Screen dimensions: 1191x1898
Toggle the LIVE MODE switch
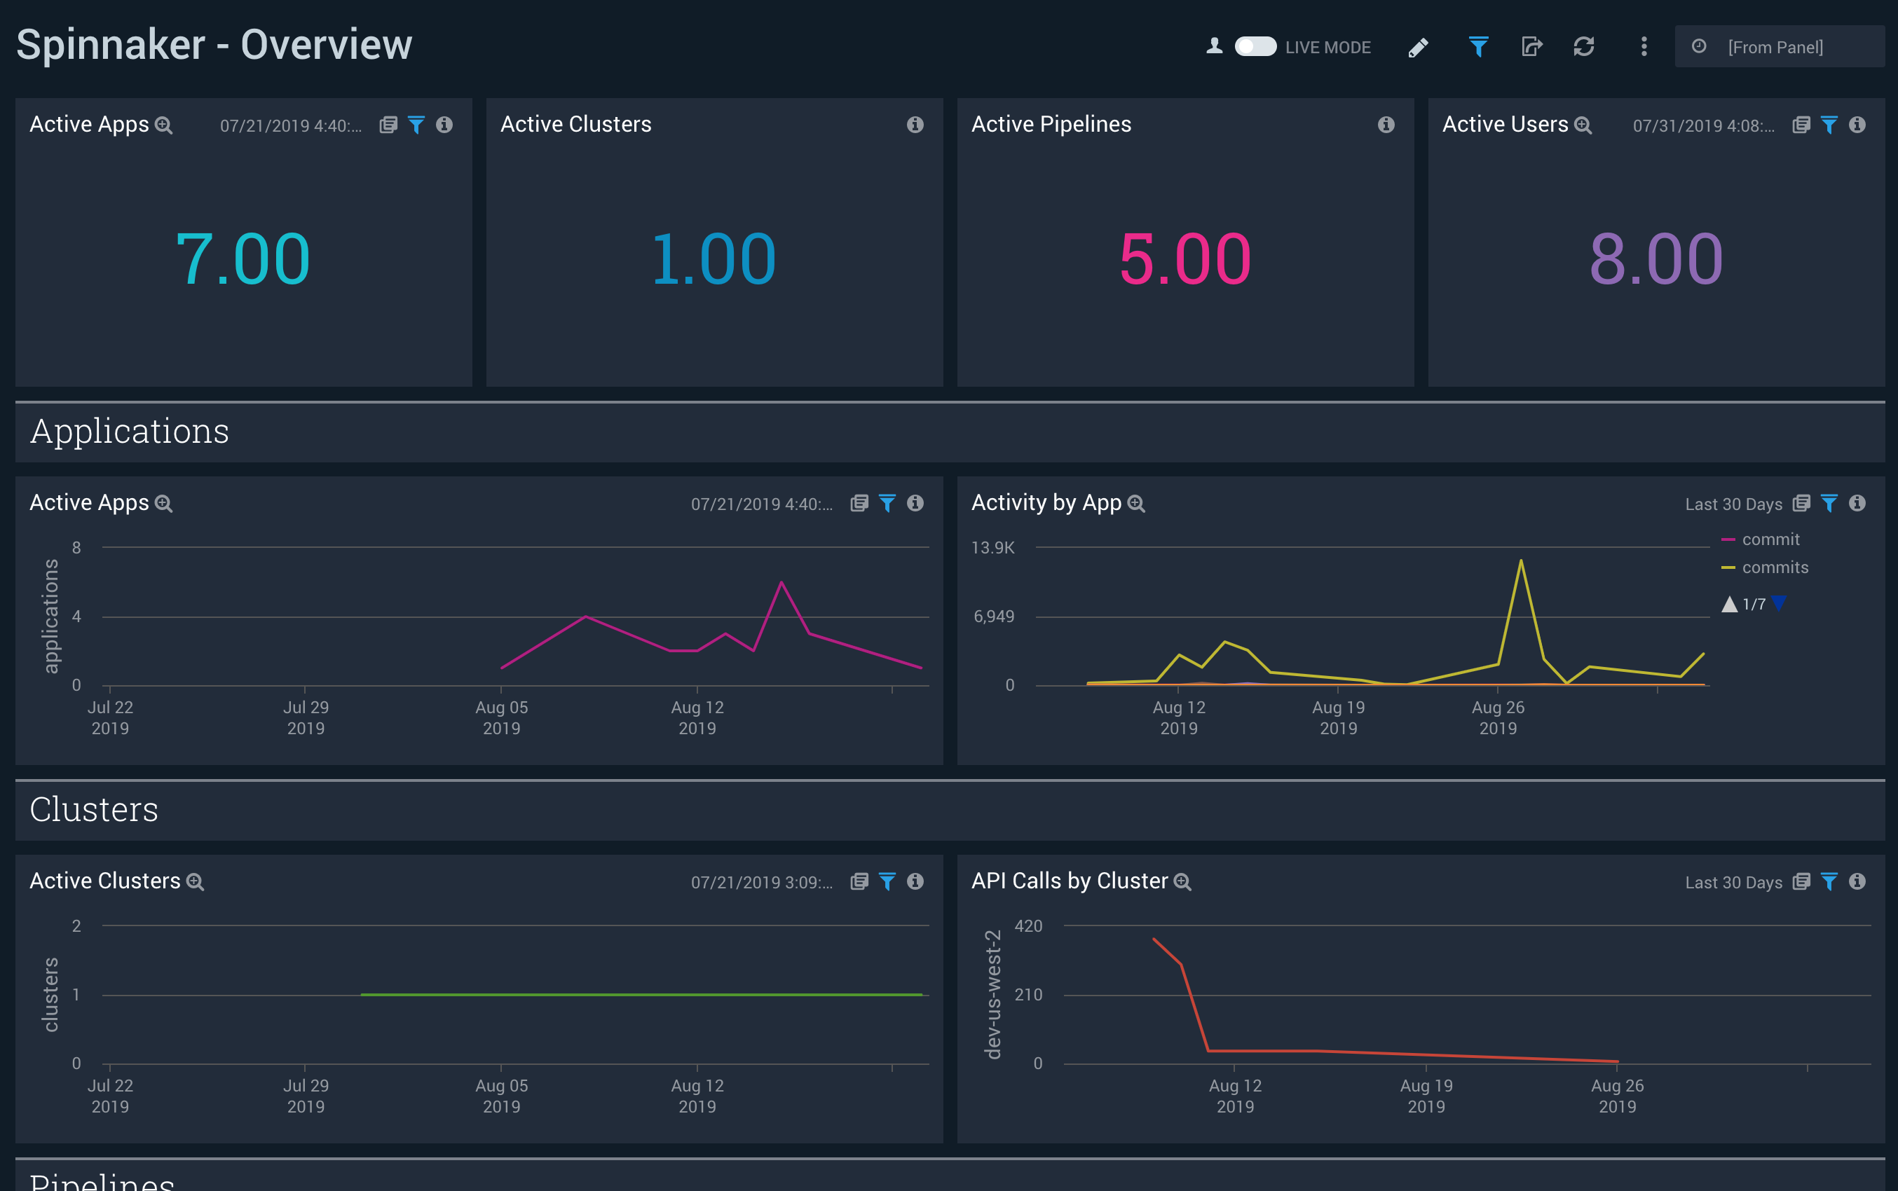pyautogui.click(x=1255, y=46)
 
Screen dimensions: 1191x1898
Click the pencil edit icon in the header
pyautogui.click(x=1417, y=47)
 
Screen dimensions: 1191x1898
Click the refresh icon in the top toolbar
pyautogui.click(x=1583, y=46)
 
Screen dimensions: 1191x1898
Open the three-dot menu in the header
pyautogui.click(x=1644, y=46)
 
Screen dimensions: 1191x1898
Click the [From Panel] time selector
pyautogui.click(x=1775, y=47)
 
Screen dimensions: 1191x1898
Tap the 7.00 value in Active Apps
pyautogui.click(x=243, y=259)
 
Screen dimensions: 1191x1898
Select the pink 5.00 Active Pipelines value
pyautogui.click(x=1184, y=259)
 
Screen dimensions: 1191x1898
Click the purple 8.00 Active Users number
pyautogui.click(x=1655, y=259)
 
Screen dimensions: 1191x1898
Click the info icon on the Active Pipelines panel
pyautogui.click(x=1386, y=125)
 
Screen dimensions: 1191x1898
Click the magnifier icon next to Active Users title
pyautogui.click(x=1583, y=125)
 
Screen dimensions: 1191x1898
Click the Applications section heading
pyautogui.click(x=130, y=432)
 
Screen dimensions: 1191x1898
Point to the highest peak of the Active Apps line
pyautogui.click(x=781, y=582)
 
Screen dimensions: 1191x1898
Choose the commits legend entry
pyautogui.click(x=1775, y=567)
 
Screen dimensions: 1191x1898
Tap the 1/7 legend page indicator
pyautogui.click(x=1753, y=604)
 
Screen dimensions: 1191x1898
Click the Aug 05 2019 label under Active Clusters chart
pyautogui.click(x=501, y=1095)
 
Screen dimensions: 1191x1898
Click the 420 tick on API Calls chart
pyautogui.click(x=1027, y=925)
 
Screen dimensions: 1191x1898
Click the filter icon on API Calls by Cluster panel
pyautogui.click(x=1829, y=881)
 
